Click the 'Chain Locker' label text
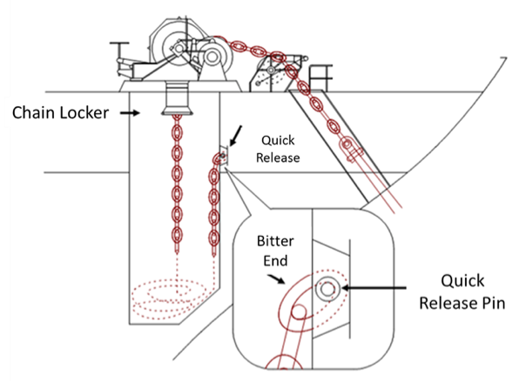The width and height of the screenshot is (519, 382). [60, 112]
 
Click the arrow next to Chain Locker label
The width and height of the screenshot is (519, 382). [130, 113]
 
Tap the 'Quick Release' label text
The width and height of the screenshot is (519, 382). [278, 149]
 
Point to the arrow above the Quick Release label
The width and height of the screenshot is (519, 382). [236, 136]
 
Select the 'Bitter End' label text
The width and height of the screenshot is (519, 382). [275, 251]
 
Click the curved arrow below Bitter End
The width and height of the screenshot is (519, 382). [276, 278]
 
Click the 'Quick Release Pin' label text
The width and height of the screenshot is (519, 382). [462, 292]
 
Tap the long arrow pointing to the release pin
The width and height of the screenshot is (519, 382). [374, 288]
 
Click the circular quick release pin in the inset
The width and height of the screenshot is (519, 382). [327, 289]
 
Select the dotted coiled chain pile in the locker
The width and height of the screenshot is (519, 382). [169, 299]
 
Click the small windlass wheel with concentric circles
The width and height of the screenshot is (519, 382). [212, 57]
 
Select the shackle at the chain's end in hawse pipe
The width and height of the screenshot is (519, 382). [350, 149]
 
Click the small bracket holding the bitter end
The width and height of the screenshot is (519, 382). [225, 156]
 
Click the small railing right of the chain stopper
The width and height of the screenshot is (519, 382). [320, 77]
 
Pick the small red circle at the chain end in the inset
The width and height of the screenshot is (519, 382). [299, 312]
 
